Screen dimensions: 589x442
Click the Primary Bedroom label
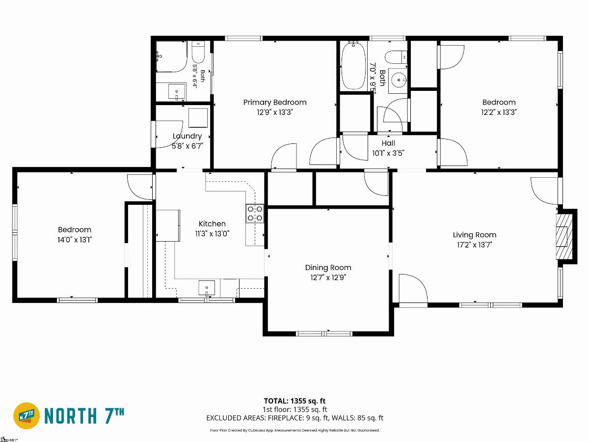(275, 102)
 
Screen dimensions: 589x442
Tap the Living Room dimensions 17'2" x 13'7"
(475, 245)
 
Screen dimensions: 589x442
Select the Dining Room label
(328, 268)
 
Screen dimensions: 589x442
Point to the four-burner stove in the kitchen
(255, 213)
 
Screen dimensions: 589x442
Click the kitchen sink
(207, 288)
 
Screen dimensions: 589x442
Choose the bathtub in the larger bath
(353, 65)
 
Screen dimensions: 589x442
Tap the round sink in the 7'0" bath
(399, 80)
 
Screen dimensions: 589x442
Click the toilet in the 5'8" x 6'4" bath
(198, 52)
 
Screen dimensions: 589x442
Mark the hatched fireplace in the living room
(564, 236)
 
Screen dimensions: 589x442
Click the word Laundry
(187, 136)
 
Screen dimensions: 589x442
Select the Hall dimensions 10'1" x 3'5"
(388, 153)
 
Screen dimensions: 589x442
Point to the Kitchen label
(212, 223)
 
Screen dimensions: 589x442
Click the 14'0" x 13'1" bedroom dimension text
(75, 239)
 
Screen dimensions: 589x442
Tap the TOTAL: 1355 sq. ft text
(294, 401)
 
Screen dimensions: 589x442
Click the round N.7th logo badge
(27, 415)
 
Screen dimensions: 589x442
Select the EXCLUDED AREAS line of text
(294, 418)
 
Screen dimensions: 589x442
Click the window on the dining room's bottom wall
(324, 333)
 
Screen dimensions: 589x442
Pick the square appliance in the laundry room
(198, 118)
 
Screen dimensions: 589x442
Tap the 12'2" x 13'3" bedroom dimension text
(499, 112)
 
